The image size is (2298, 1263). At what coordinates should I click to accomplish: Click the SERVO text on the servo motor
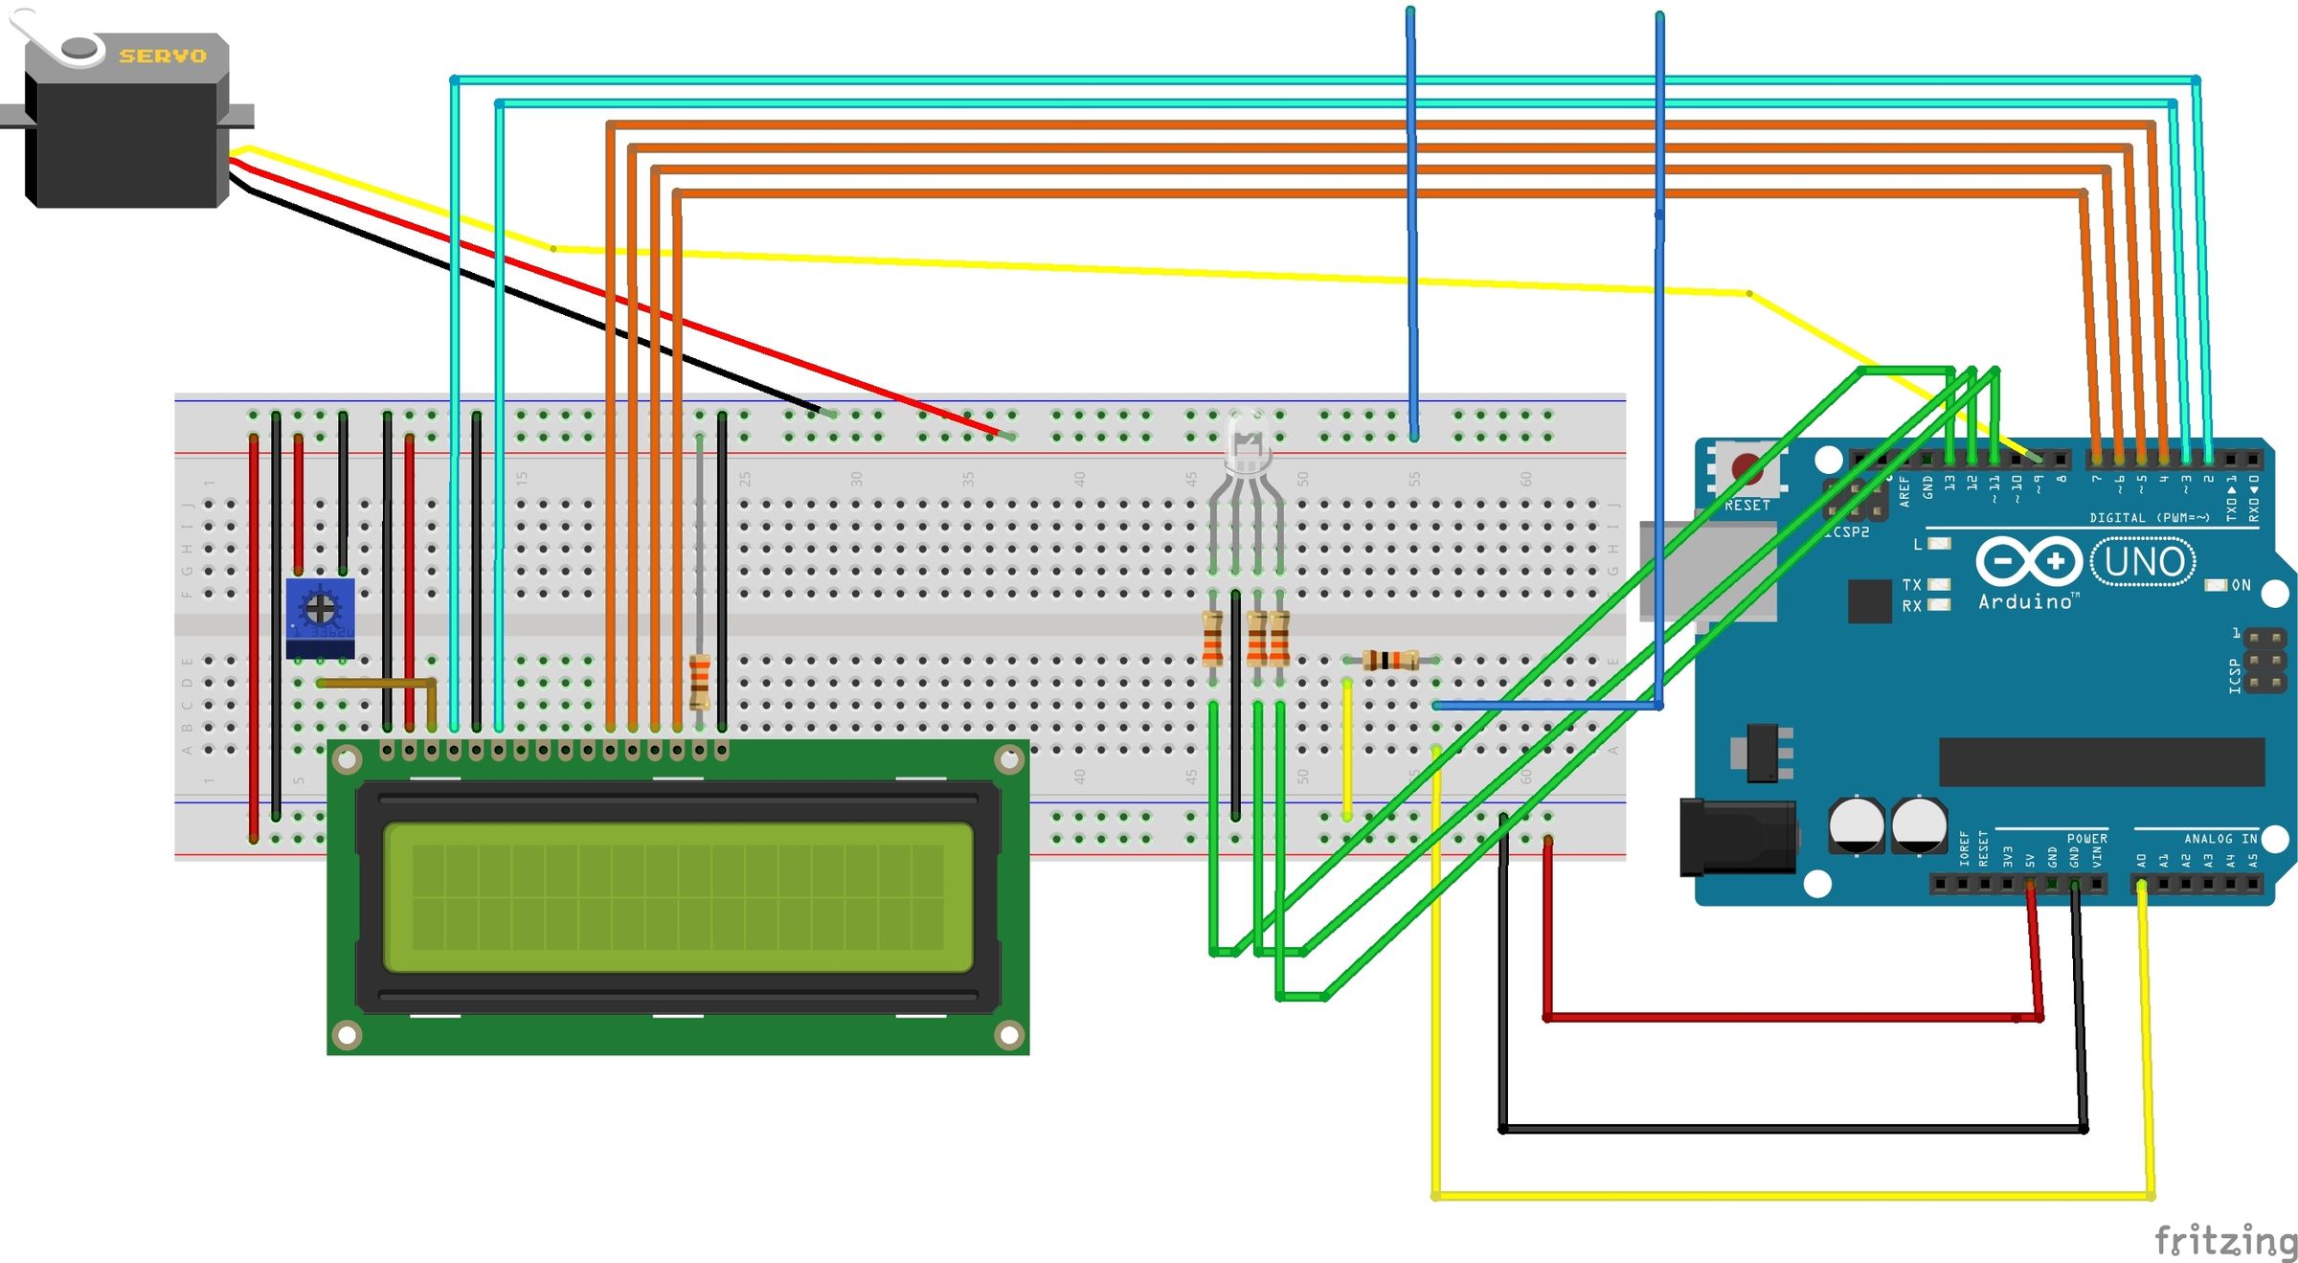coord(163,56)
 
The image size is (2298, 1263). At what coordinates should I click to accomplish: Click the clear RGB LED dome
coord(1246,441)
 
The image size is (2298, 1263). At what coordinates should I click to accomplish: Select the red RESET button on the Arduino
coord(1746,469)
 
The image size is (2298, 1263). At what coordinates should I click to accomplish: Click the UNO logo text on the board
coord(2143,562)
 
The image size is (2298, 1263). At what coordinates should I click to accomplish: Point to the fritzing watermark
coord(2224,1241)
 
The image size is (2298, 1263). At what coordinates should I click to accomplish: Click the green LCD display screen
coord(678,896)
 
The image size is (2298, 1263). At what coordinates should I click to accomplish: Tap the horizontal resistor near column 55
coord(1390,660)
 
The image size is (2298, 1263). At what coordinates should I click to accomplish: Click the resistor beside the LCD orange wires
coord(700,681)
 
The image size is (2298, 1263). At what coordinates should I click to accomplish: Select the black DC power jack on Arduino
coord(1736,839)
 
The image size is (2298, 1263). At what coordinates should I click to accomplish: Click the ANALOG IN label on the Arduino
coord(2219,839)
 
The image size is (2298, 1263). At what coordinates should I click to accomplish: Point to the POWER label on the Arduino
coord(2086,839)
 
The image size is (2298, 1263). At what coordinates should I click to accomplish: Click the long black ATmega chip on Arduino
coord(2101,761)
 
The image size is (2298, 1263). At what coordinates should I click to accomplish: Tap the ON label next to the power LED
coord(2241,585)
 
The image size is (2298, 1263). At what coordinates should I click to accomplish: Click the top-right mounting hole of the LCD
coord(1009,760)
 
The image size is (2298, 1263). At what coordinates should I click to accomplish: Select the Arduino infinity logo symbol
coord(2028,562)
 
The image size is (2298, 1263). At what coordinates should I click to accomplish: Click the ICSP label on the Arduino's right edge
coord(2235,675)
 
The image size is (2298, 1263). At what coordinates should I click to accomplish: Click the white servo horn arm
coord(48,38)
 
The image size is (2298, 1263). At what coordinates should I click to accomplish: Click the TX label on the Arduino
coord(1911,585)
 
